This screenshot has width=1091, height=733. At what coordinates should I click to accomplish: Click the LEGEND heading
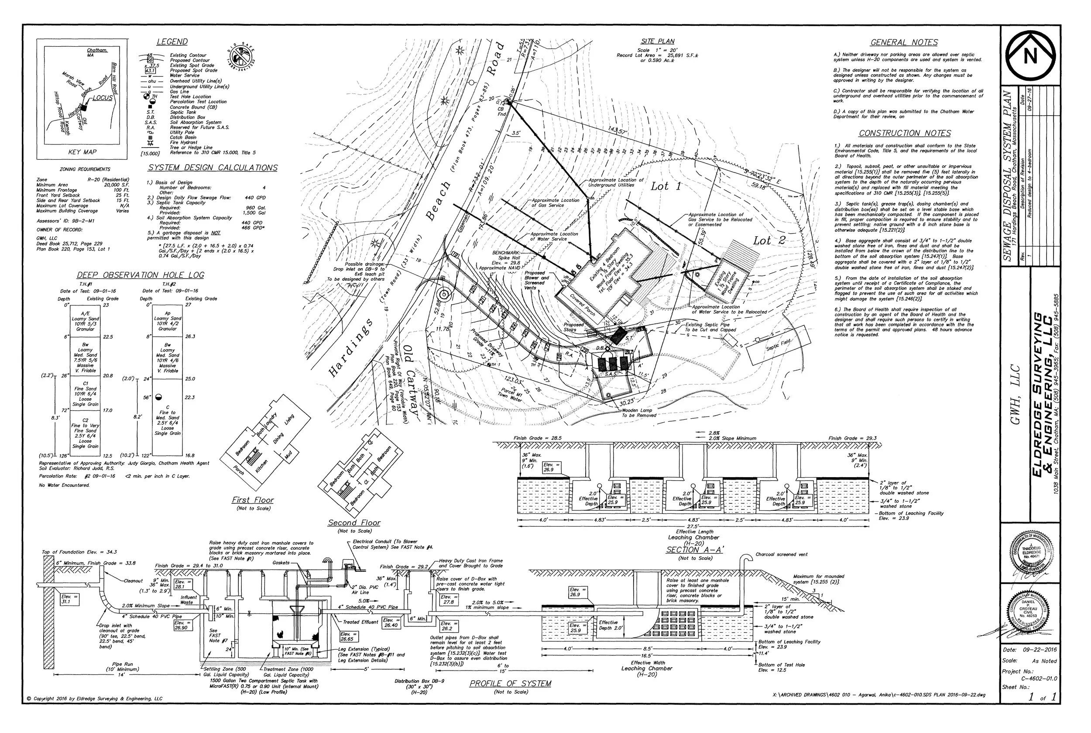point(172,41)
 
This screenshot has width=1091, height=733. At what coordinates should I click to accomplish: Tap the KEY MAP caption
point(82,152)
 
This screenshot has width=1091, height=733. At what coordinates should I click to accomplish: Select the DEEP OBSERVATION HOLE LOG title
point(140,275)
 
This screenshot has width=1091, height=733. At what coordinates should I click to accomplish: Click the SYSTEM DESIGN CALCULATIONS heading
point(213,168)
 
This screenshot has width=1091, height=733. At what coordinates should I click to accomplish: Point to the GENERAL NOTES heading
point(904,42)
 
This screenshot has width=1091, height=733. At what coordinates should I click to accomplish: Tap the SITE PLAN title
point(657,41)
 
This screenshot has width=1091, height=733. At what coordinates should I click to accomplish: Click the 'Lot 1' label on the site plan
point(666,186)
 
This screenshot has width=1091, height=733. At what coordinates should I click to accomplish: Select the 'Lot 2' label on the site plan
point(769,241)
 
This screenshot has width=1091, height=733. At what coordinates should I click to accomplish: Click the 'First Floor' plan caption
point(253,500)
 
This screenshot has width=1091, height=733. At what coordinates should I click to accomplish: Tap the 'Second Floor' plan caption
point(354,523)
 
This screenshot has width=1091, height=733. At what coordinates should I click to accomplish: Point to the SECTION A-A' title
point(694,550)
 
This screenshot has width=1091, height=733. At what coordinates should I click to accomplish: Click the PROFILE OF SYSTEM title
point(510,683)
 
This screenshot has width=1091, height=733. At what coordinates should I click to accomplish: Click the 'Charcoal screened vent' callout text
point(782,554)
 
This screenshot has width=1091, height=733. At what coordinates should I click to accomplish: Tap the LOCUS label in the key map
point(102,98)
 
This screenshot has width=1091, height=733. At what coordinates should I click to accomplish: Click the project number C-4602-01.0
point(1039,679)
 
